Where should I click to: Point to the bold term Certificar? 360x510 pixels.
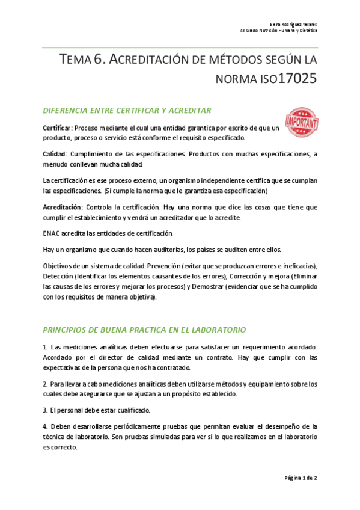(56, 128)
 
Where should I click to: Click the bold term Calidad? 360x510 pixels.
(54, 155)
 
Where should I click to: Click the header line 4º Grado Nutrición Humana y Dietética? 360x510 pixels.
(279, 30)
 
